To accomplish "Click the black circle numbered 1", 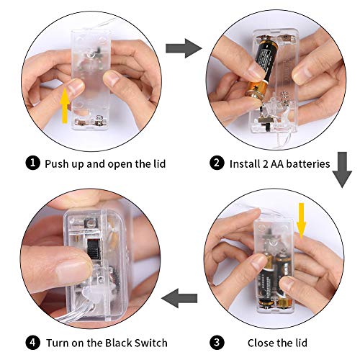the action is (x=32, y=163).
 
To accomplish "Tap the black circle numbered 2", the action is (x=217, y=163).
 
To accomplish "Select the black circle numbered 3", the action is (x=217, y=343).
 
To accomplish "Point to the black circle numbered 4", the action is (x=32, y=343).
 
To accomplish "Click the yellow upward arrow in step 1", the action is (x=65, y=106).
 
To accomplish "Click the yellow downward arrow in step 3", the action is (x=301, y=221).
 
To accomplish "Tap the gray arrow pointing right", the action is (x=184, y=48).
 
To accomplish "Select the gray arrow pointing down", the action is (x=342, y=170).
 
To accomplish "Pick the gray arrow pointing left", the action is (x=179, y=298).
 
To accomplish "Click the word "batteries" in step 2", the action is (x=308, y=164).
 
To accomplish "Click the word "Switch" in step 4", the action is (x=150, y=343).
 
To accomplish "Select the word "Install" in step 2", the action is (x=243, y=164).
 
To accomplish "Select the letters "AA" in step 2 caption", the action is (x=276, y=164).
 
